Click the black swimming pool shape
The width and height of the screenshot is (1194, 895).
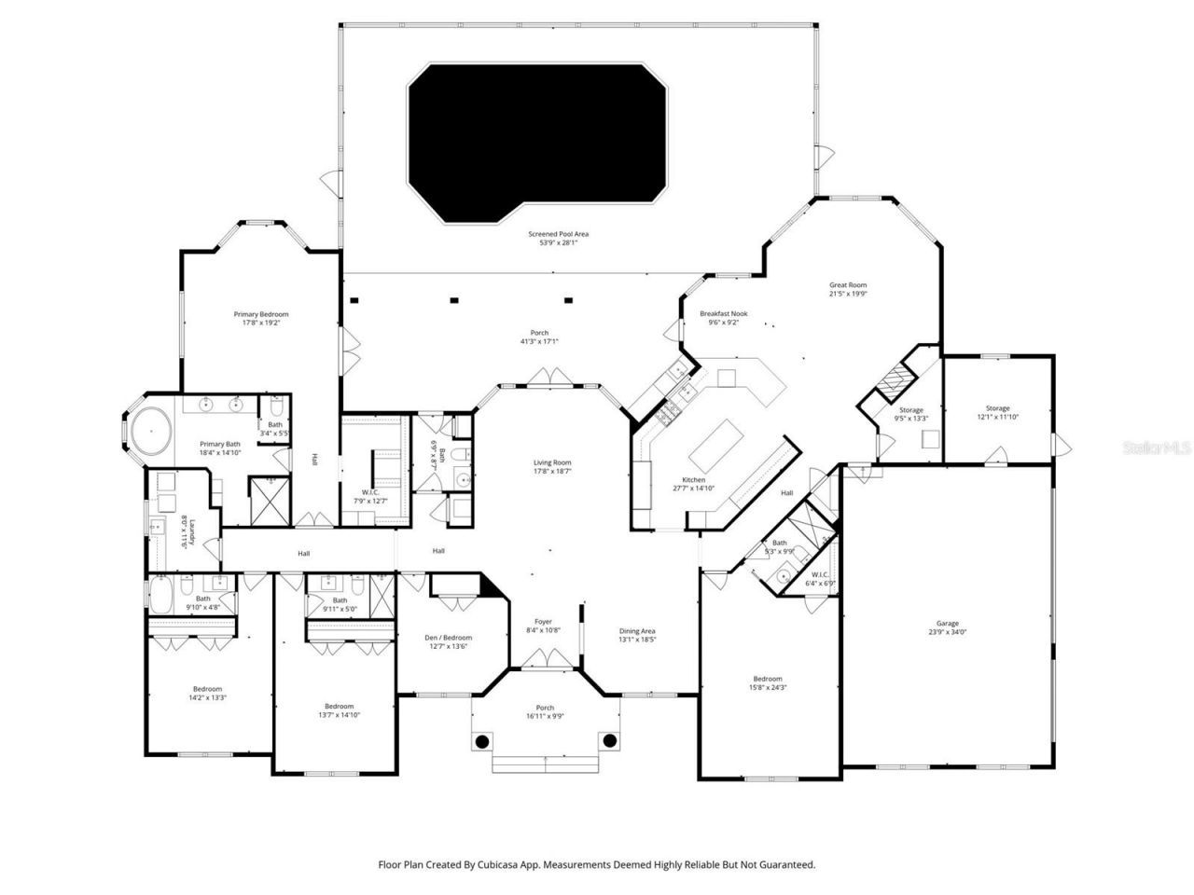537,140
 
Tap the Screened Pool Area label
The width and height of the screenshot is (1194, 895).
559,239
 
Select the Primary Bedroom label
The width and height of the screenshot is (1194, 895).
261,318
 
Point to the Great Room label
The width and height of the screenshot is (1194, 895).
848,289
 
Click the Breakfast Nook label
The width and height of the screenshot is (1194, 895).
724,318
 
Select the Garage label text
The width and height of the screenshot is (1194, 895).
948,627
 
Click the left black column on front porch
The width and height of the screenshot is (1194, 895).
481,741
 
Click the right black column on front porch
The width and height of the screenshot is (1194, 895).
609,741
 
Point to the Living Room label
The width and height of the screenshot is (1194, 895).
552,467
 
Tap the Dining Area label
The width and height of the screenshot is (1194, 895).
637,635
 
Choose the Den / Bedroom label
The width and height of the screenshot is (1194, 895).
448,641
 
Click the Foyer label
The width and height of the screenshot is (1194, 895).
543,626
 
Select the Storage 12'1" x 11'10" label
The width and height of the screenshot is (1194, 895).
998,412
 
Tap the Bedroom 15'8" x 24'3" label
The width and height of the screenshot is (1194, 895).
768,682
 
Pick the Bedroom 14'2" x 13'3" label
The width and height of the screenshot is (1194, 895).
207,693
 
